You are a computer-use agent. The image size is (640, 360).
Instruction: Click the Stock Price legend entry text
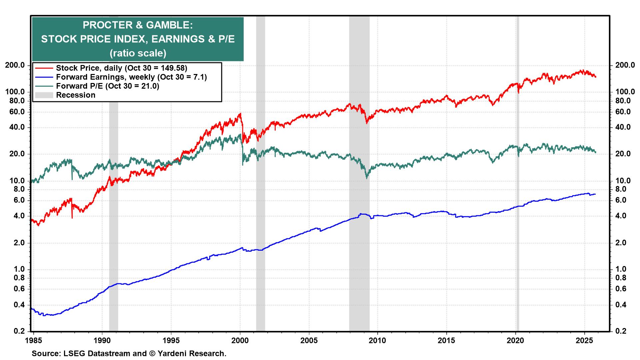pyautogui.click(x=121, y=68)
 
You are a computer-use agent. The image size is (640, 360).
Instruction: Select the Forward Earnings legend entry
pyautogui.click(x=131, y=77)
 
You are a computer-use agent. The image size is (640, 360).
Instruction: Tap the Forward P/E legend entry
pyautogui.click(x=107, y=86)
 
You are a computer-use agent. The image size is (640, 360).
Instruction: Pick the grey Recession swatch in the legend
pyautogui.click(x=44, y=95)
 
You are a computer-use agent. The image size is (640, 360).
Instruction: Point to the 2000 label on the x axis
pyautogui.click(x=240, y=341)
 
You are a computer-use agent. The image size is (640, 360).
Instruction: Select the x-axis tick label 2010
pyautogui.click(x=378, y=341)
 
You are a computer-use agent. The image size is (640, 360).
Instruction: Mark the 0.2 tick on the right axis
pyautogui.click(x=620, y=331)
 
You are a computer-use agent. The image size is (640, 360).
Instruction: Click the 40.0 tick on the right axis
pyautogui.click(x=623, y=127)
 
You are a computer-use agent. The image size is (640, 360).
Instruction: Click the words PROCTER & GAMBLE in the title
pyautogui.click(x=137, y=25)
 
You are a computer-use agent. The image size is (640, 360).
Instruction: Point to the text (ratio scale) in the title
pyautogui.click(x=137, y=53)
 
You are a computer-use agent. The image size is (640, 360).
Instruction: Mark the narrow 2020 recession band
pyautogui.click(x=517, y=233)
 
